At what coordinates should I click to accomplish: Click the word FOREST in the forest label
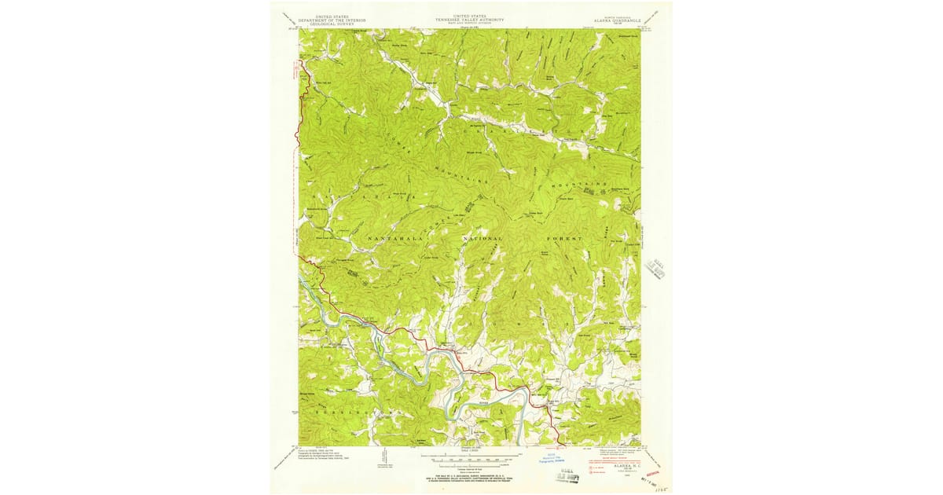(x=564, y=236)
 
